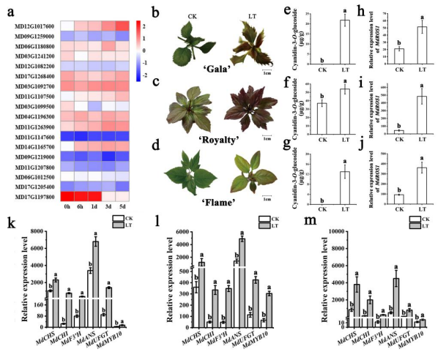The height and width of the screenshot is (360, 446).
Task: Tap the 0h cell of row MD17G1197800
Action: pyautogui.click(x=67, y=196)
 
